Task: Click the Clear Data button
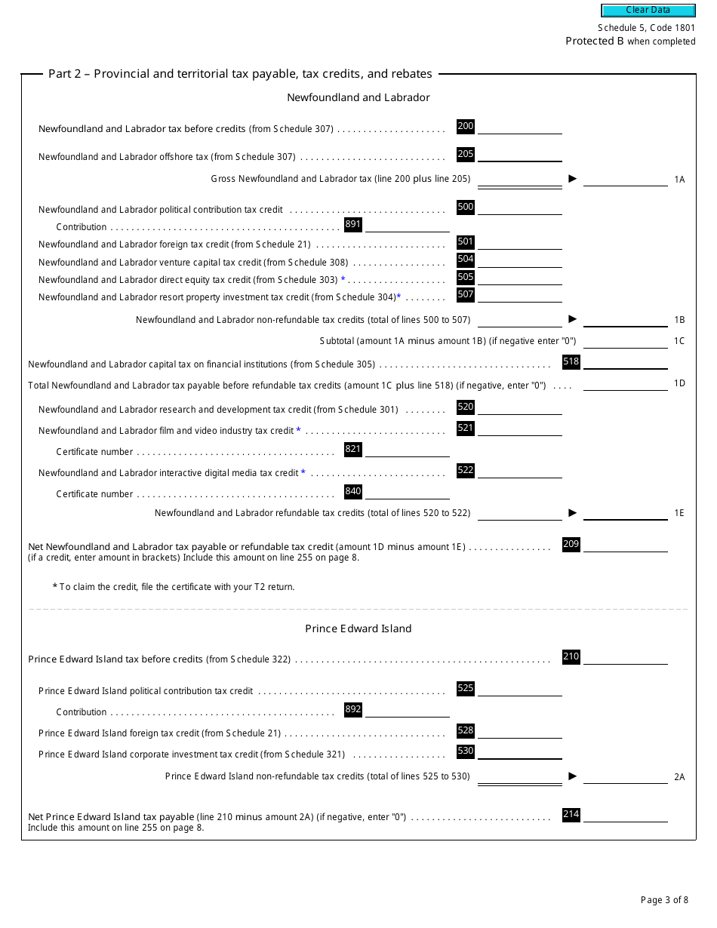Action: pos(648,11)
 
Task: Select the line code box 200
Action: pos(466,126)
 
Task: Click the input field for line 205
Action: pos(520,155)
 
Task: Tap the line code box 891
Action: pos(352,224)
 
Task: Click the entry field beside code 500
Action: pos(520,207)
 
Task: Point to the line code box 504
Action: pos(466,260)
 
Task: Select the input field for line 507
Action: pos(520,295)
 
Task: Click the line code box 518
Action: pos(571,361)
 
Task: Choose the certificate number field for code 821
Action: pos(408,450)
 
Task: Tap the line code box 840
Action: pos(352,491)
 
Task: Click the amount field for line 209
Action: pos(626,545)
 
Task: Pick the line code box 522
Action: pos(466,470)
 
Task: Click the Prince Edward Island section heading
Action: pos(358,628)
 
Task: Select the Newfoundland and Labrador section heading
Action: pos(358,97)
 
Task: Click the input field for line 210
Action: pos(626,657)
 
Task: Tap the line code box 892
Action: pos(352,709)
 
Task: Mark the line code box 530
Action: pos(466,751)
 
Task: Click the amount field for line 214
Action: pos(626,815)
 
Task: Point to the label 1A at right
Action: pos(679,180)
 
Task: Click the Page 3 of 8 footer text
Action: pos(664,899)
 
